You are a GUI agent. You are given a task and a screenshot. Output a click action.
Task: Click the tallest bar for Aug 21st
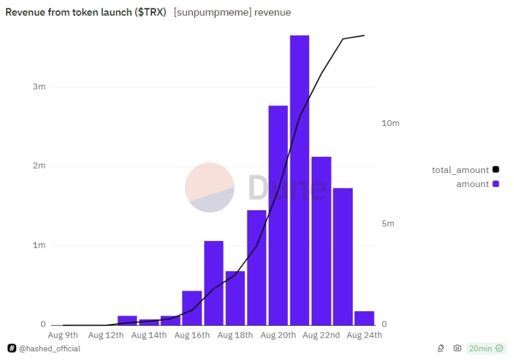[299, 180]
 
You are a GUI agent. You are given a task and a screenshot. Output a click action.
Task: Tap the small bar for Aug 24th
[364, 318]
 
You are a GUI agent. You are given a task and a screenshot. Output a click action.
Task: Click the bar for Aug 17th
[214, 283]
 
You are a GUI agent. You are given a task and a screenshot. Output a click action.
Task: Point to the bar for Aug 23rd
[342, 257]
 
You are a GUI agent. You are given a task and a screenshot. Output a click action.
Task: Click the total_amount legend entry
[461, 170]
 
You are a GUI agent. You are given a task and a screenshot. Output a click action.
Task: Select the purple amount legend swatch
[495, 184]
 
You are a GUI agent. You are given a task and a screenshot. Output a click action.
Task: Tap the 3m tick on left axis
[39, 87]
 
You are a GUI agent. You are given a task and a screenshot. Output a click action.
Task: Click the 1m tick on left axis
[39, 246]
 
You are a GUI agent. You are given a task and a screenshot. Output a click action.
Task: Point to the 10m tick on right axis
[391, 123]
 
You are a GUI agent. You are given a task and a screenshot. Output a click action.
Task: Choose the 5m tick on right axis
[388, 224]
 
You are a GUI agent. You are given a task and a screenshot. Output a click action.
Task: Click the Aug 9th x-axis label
[63, 335]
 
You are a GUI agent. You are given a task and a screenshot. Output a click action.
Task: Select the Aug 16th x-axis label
[191, 335]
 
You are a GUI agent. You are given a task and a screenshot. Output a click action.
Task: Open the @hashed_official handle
[49, 348]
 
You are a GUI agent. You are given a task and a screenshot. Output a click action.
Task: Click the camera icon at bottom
[457, 348]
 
